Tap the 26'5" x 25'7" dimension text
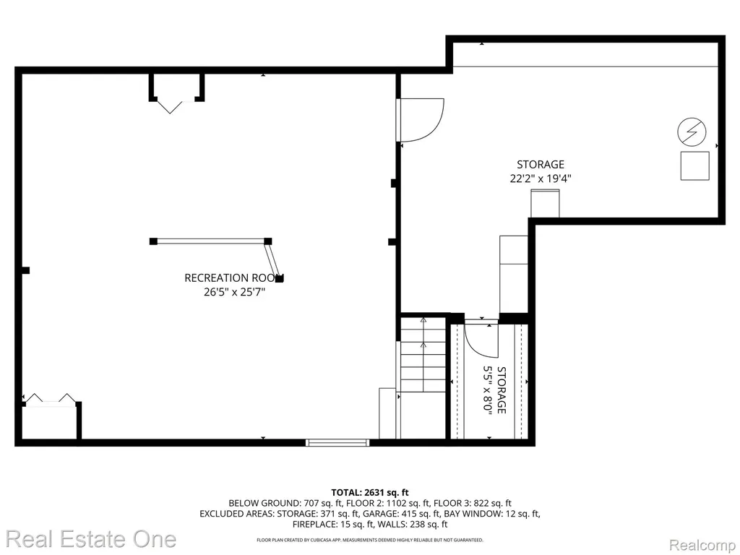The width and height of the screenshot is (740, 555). [234, 292]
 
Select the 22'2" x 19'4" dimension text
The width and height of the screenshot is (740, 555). [541, 178]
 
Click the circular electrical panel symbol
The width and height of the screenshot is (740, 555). [692, 132]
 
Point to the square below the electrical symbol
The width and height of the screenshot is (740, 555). [694, 165]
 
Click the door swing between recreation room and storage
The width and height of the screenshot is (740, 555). [420, 120]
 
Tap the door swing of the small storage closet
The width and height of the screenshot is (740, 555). [481, 338]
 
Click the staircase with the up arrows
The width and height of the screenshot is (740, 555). [423, 354]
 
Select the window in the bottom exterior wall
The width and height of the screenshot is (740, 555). [337, 442]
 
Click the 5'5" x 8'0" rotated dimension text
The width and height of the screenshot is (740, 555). [487, 390]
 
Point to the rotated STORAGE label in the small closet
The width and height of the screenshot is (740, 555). [502, 390]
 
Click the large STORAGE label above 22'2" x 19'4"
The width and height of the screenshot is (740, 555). [541, 164]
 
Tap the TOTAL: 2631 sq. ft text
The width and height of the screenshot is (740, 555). [370, 493]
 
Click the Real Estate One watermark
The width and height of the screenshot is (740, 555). [91, 539]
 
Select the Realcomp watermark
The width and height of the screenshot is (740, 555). [702, 545]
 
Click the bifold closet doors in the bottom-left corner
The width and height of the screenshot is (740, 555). [50, 399]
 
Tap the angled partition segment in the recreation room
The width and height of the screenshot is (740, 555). [274, 259]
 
